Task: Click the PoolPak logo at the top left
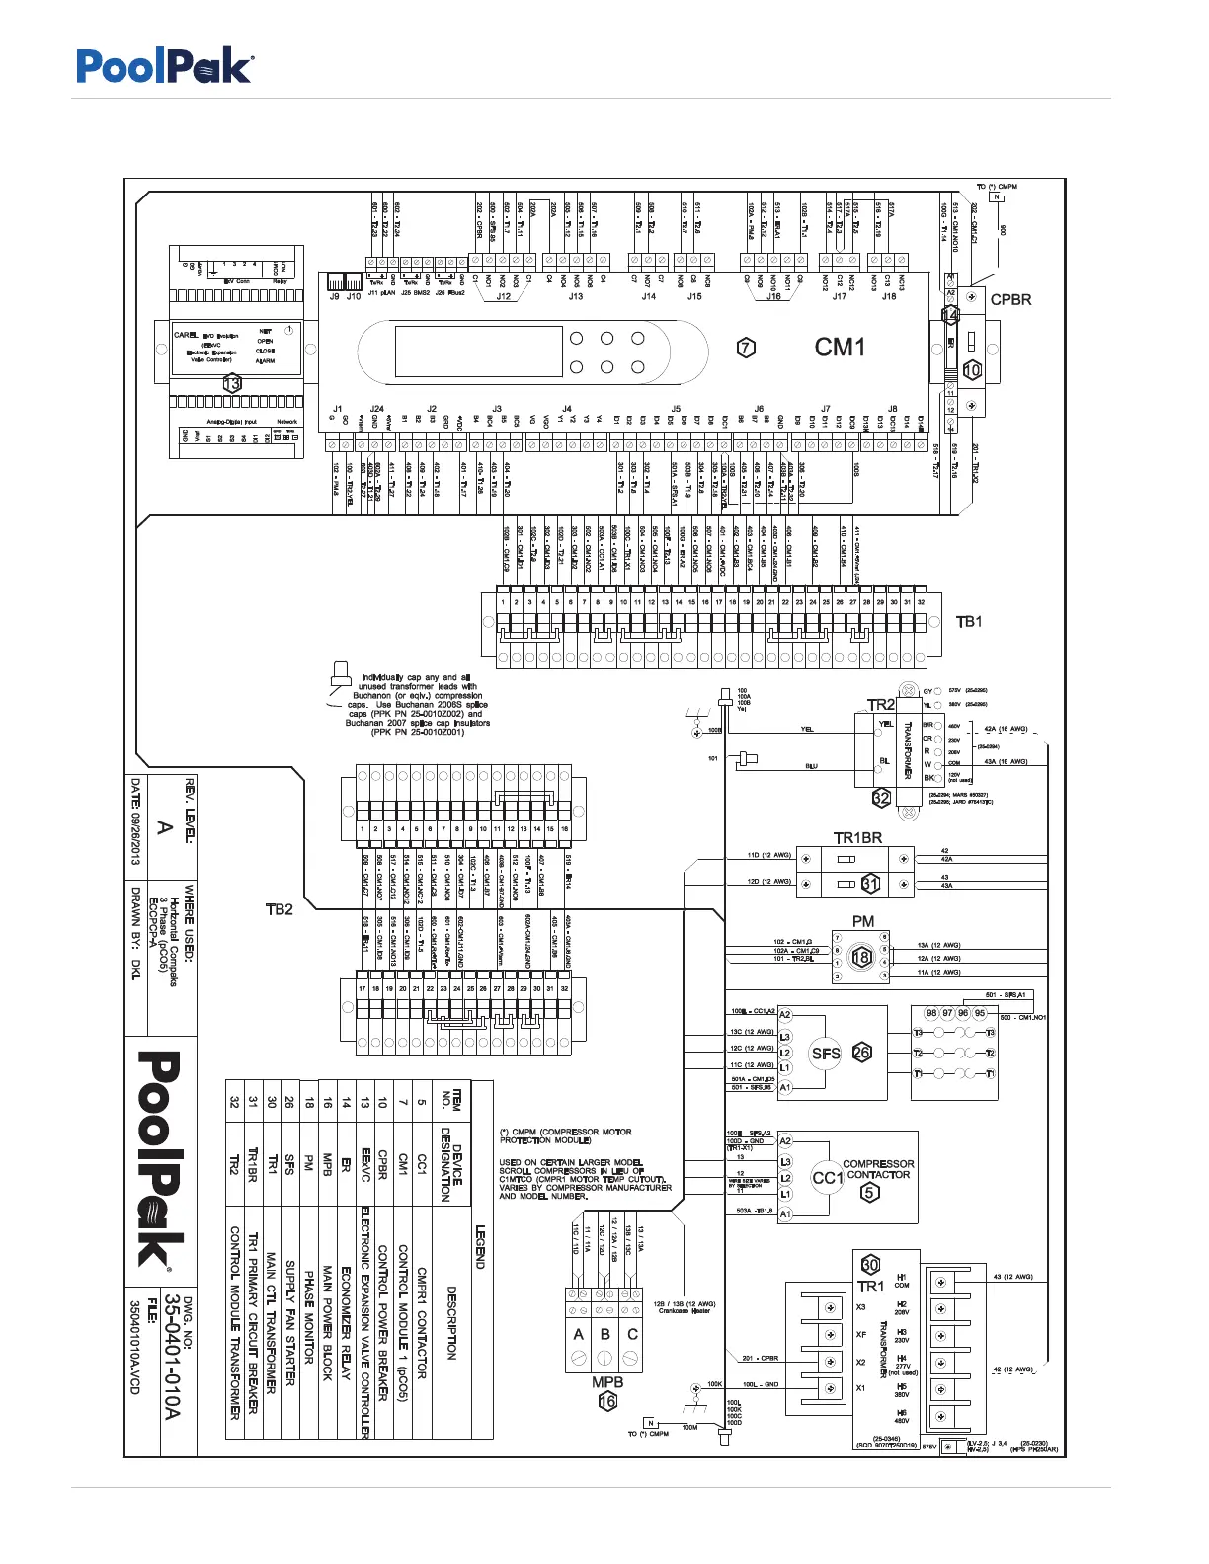click(165, 66)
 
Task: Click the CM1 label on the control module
click(840, 347)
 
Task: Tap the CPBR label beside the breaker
click(1010, 299)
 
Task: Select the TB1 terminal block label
click(969, 621)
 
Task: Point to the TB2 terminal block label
click(280, 909)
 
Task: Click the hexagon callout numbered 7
click(747, 347)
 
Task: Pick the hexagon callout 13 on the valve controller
click(232, 383)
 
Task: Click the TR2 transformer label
click(880, 705)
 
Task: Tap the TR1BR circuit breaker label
click(857, 838)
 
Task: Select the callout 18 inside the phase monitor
click(861, 957)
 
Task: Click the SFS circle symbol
click(826, 1054)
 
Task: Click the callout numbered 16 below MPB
click(607, 1401)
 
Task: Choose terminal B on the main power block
click(605, 1334)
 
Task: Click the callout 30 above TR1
click(870, 1265)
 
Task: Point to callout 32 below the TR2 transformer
click(881, 798)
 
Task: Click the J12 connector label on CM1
click(504, 296)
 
